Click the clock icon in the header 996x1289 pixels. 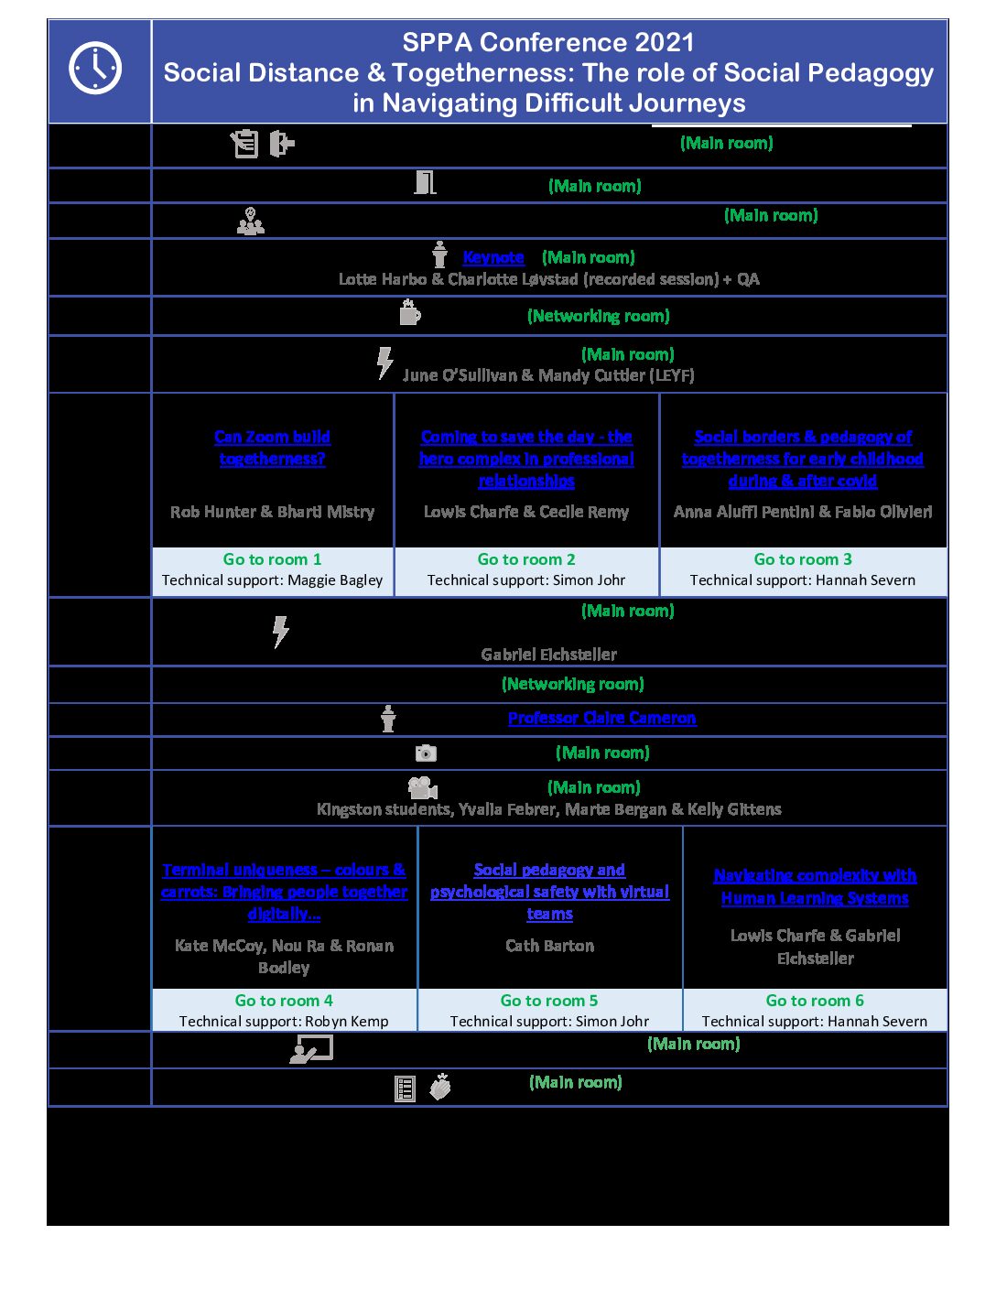point(95,68)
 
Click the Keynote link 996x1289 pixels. point(493,258)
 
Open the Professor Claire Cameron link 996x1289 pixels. point(601,719)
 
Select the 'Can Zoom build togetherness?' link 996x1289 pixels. point(272,448)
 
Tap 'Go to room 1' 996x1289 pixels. point(272,559)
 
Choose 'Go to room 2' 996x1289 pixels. point(526,559)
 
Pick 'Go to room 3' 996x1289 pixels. point(803,559)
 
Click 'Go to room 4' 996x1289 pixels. point(284,1001)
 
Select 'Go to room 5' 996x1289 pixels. point(549,1001)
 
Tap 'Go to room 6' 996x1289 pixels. point(815,1001)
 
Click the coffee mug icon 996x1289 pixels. point(410,313)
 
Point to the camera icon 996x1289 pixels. point(426,753)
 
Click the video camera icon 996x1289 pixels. point(422,787)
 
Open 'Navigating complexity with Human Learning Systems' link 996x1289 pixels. point(815,887)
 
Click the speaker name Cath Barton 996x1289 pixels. point(549,946)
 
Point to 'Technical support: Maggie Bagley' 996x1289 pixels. point(272,580)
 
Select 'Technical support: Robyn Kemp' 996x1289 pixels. point(284,1022)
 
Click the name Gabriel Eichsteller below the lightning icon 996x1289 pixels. point(548,655)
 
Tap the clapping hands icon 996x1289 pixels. point(441,1087)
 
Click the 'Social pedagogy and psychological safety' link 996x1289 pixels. point(549,892)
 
